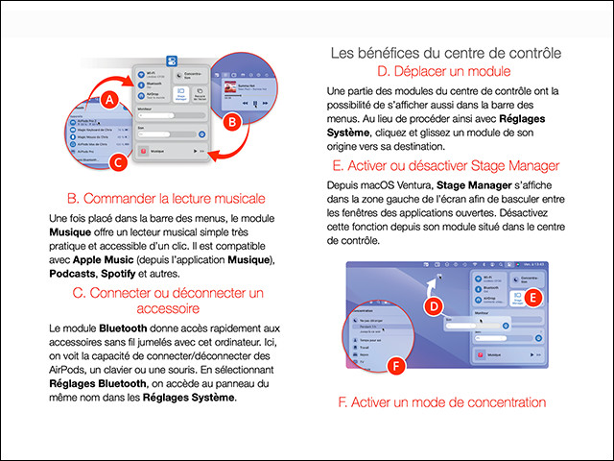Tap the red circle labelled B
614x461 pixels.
tap(231, 122)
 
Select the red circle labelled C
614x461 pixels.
tap(116, 162)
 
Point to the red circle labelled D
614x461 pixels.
tap(433, 305)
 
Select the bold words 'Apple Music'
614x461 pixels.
tap(103, 260)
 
